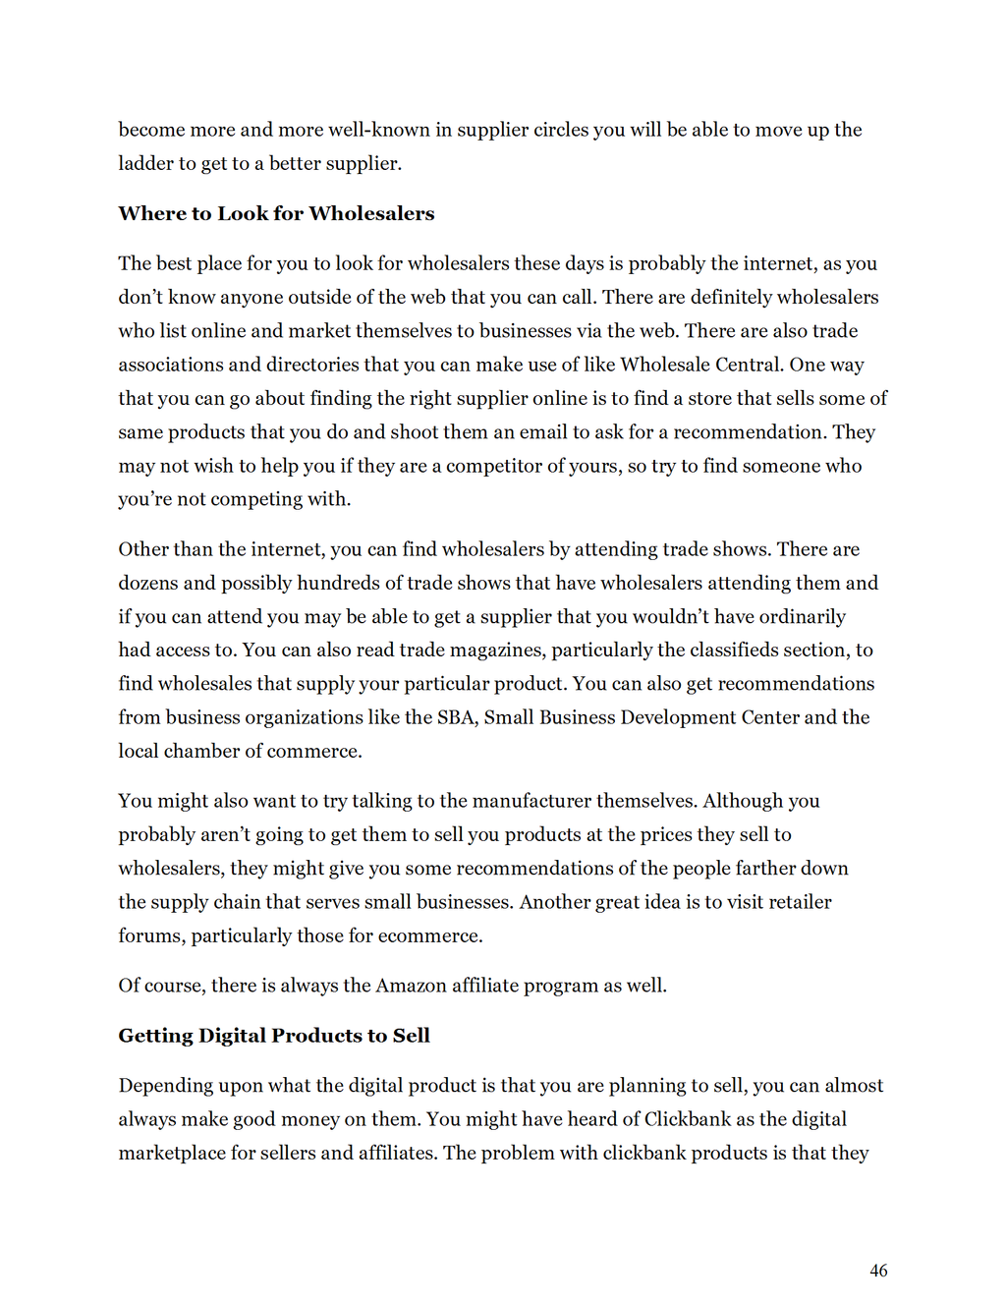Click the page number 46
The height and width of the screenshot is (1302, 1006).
tap(878, 1271)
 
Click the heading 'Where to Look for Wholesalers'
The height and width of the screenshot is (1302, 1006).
tap(276, 213)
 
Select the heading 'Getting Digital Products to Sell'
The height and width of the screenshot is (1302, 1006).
tap(274, 1035)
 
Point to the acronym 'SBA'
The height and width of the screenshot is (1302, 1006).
tap(456, 717)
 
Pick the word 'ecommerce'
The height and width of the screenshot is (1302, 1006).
tap(431, 935)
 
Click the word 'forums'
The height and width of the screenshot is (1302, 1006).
tap(150, 935)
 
